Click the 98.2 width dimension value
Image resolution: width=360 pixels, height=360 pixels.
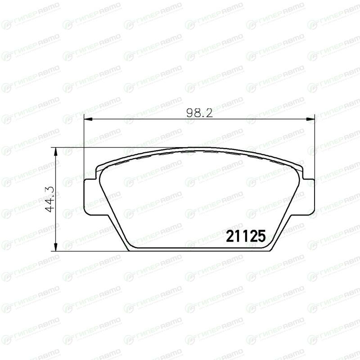click(x=199, y=113)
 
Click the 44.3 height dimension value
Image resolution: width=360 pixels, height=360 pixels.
click(x=49, y=199)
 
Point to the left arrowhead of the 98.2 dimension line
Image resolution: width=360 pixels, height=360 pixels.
click(x=88, y=119)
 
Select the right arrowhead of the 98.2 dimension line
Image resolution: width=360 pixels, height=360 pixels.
click(x=310, y=119)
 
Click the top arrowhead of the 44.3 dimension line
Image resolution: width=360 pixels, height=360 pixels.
click(x=55, y=152)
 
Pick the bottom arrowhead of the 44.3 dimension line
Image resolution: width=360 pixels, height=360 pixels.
click(x=55, y=247)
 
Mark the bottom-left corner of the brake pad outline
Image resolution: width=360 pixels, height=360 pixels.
click(x=128, y=251)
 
